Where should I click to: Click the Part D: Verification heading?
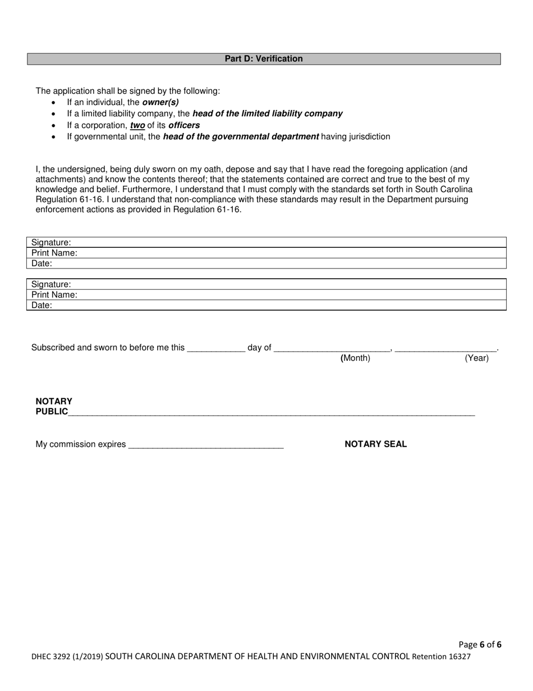(264, 59)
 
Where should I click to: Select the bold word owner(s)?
(160, 102)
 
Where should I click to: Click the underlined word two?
(137, 125)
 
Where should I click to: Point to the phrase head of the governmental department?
(241, 137)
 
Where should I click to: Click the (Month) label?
(355, 358)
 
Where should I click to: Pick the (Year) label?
(476, 358)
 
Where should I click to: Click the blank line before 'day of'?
(216, 348)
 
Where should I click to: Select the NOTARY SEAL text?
(375, 444)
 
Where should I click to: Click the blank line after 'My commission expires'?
(206, 445)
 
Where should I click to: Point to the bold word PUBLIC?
(52, 412)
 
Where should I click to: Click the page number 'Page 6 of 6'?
(480, 644)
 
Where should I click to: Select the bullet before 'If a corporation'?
(54, 126)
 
